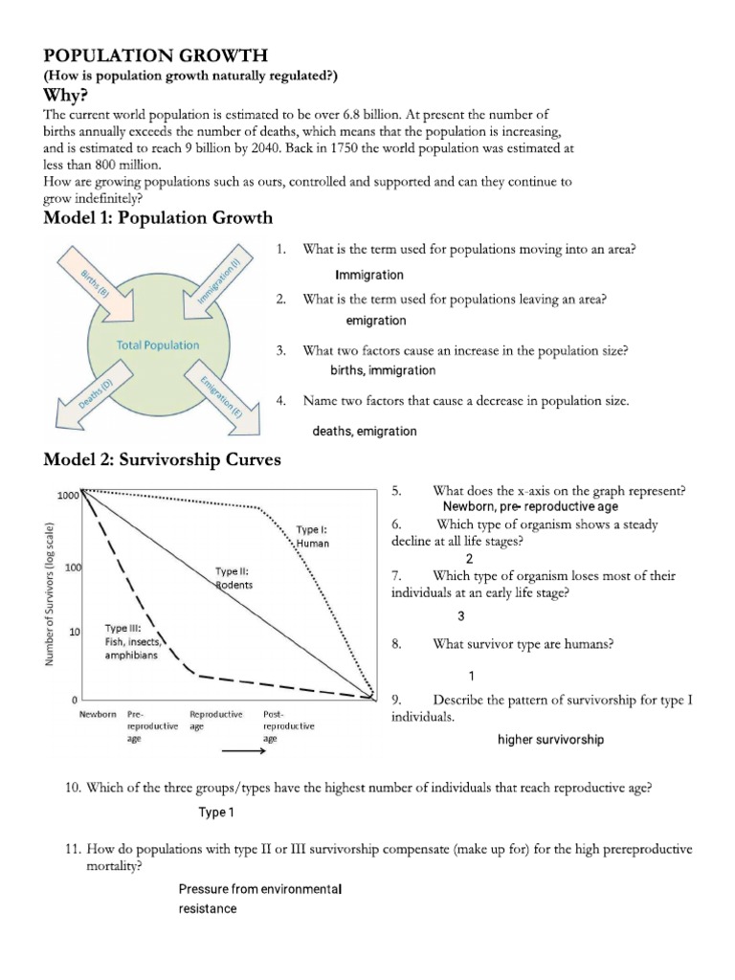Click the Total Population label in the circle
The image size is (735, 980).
pos(158,345)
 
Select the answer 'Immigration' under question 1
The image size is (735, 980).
pos(369,275)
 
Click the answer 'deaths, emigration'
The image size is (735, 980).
pos(364,432)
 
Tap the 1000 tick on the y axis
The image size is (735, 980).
pos(67,496)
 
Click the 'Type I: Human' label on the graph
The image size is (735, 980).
pos(312,536)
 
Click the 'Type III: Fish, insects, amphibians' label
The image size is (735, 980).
pos(134,642)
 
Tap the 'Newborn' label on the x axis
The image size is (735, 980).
pos(97,714)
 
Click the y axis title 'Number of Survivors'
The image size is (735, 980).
pos(51,593)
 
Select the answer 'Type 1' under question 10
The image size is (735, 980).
pos(216,813)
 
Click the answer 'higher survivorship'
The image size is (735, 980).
pos(550,740)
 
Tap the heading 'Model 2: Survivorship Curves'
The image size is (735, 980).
pos(163,460)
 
